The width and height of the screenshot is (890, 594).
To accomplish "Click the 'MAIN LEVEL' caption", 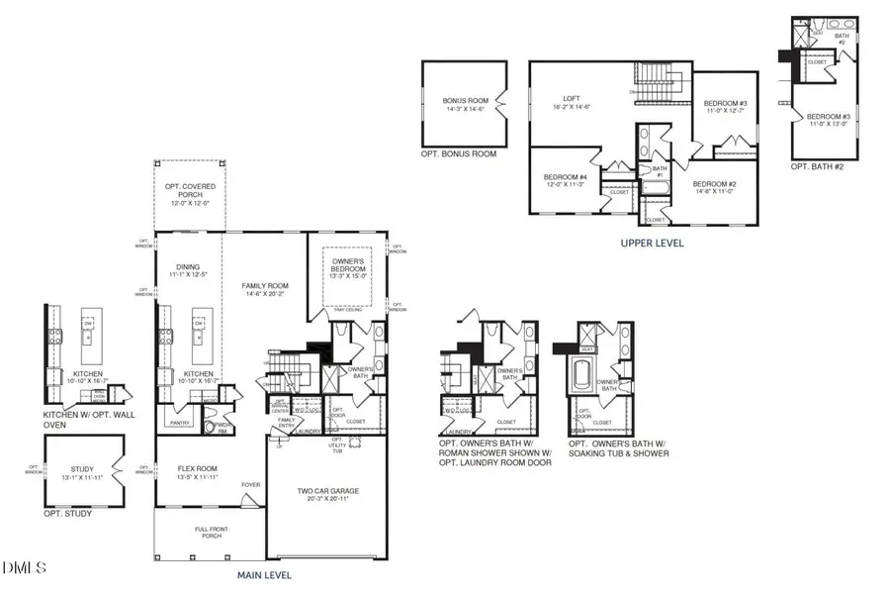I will click(x=263, y=575).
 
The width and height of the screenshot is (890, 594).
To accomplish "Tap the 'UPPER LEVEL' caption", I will click(x=651, y=242).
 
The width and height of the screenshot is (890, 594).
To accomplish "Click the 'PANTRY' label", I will click(x=180, y=423).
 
